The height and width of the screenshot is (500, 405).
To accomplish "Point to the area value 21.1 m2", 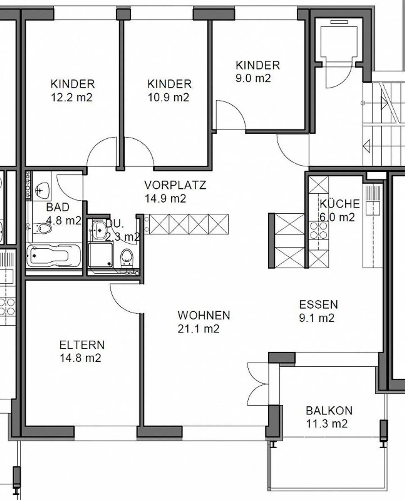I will coord(198,329).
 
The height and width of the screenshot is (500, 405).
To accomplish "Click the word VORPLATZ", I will coord(175,185).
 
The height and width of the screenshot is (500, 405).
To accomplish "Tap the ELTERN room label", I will coord(82,345).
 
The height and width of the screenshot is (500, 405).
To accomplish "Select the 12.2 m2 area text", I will coord(71,97).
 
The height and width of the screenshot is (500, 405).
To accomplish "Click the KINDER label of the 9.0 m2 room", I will coord(258,65).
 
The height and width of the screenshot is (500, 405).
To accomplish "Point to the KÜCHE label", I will coord(340,204).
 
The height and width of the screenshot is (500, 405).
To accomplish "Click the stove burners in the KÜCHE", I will coord(318,230).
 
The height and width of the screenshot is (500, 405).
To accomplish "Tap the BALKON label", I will coord(329,411).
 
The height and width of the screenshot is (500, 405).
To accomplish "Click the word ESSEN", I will coord(318,305).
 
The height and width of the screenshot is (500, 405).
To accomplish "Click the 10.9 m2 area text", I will coord(168,97).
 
